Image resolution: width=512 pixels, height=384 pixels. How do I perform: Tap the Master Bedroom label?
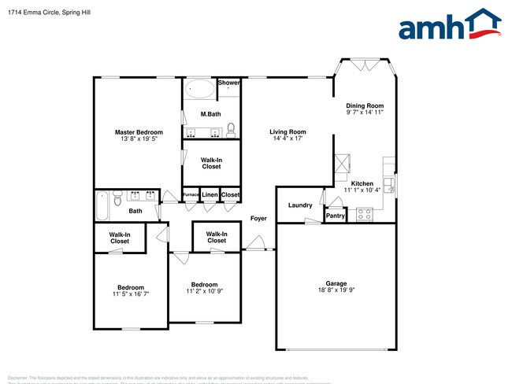139,131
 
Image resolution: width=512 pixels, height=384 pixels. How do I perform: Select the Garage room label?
336,283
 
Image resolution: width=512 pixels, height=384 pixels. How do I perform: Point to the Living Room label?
288,131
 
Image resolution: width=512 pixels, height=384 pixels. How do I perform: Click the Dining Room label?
365,105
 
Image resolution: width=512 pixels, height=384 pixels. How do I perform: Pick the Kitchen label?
362,183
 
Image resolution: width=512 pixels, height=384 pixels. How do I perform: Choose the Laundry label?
300,205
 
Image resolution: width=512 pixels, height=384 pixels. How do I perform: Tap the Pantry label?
336,215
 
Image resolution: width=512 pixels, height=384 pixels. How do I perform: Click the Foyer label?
258,218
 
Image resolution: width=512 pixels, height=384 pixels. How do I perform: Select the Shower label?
228,83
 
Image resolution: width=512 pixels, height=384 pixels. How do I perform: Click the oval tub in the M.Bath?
200,90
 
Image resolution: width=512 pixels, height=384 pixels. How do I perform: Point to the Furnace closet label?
191,194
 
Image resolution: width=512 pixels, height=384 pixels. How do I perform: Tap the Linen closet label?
210,194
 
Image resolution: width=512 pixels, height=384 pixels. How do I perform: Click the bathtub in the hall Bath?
101,206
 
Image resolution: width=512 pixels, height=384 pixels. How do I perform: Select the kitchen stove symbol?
365,213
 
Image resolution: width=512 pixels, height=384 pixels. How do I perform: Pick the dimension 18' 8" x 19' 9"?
336,290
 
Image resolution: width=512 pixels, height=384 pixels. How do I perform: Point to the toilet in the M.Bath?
231,128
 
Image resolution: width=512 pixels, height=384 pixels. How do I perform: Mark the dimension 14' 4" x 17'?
288,138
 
